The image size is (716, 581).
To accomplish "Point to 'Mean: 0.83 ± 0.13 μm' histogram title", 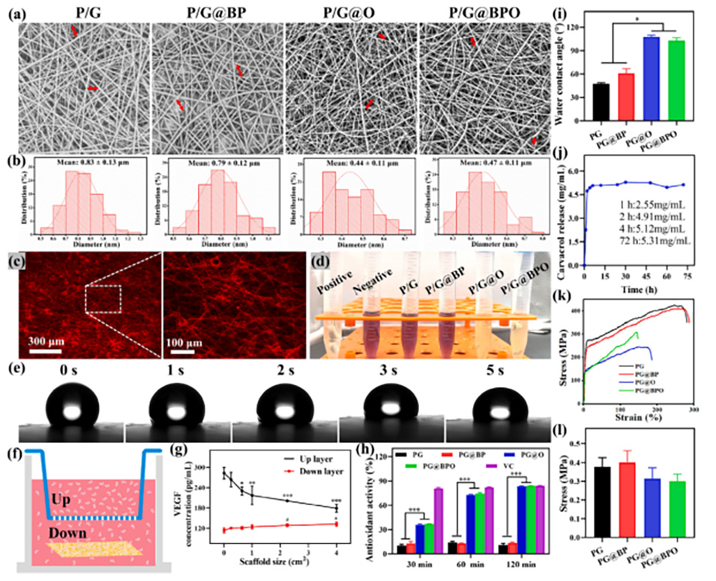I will [85, 161].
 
